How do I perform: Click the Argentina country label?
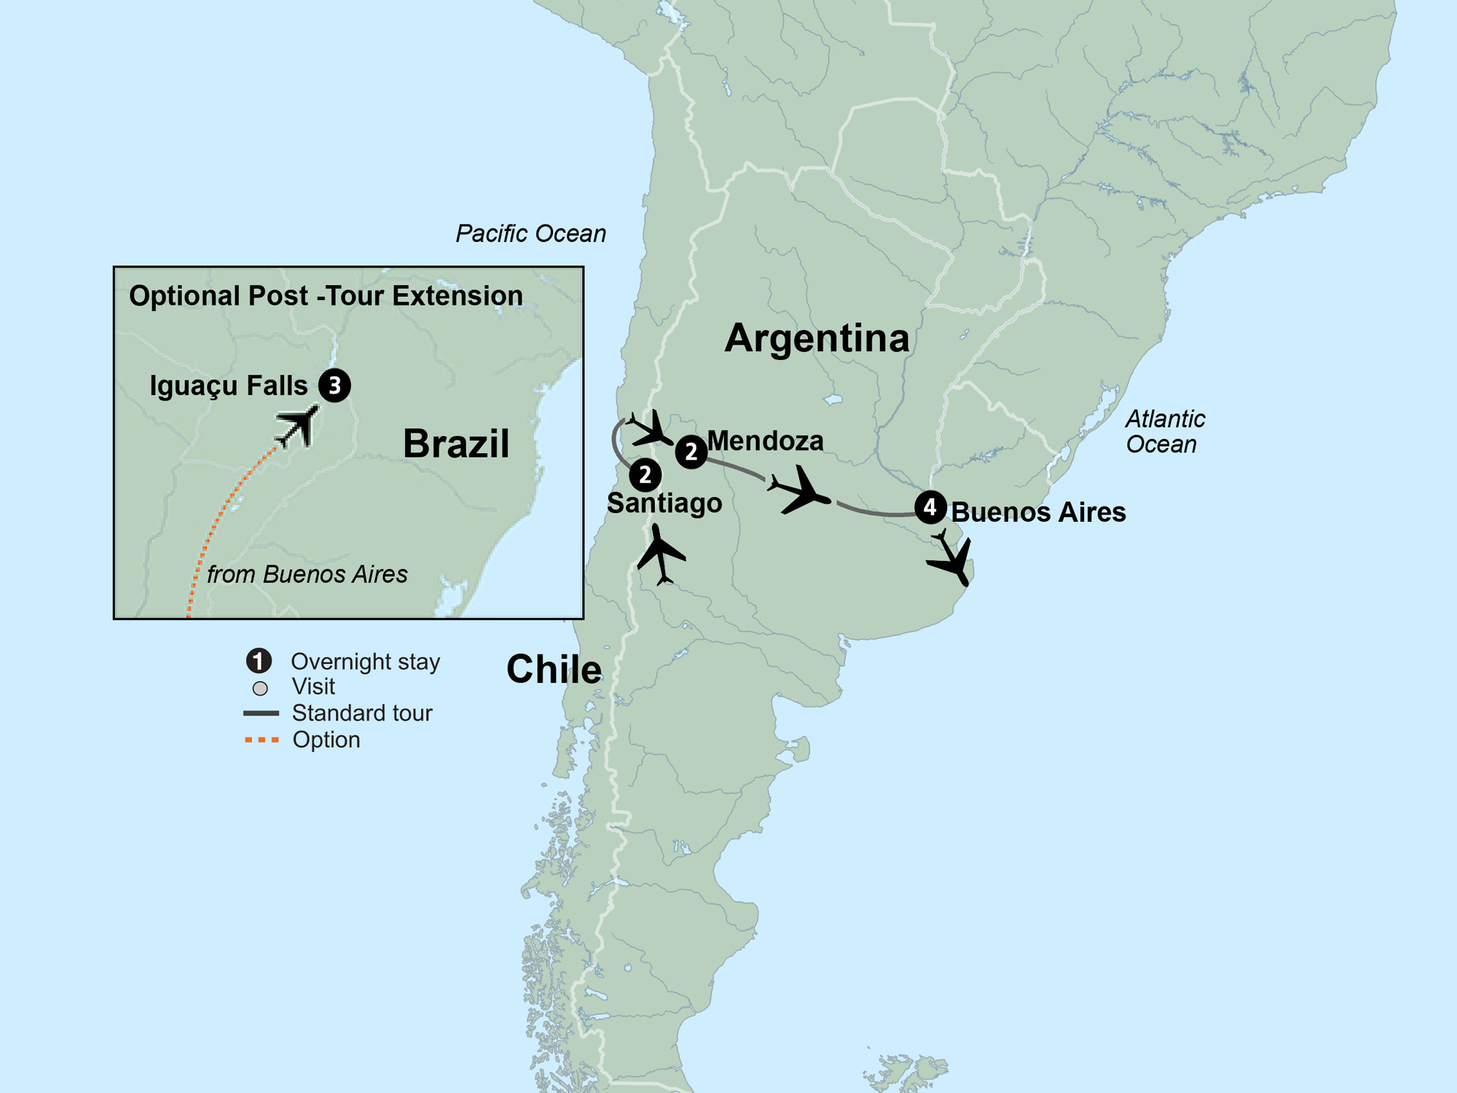[817, 339]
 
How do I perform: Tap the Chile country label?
[554, 669]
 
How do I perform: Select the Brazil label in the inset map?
[456, 443]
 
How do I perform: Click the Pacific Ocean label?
[530, 234]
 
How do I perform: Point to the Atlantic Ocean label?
[1164, 431]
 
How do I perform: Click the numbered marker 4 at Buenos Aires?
[930, 507]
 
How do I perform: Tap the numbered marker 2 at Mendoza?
[691, 452]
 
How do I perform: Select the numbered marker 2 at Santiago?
[645, 475]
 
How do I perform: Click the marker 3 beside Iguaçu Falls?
[334, 385]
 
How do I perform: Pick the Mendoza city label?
[765, 441]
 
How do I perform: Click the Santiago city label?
[664, 503]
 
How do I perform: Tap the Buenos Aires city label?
[1038, 512]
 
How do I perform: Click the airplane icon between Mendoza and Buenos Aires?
[801, 491]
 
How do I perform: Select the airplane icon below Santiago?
[661, 556]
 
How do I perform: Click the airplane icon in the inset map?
[298, 426]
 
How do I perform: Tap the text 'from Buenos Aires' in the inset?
[307, 574]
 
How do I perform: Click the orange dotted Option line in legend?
[262, 740]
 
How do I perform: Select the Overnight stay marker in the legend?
[259, 661]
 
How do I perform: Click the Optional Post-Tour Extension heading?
[326, 296]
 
